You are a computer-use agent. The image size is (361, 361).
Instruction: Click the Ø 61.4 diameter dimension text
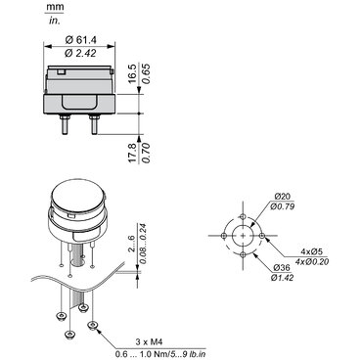pyautogui.click(x=81, y=40)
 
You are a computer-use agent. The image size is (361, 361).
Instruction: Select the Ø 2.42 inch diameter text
pyautogui.click(x=80, y=53)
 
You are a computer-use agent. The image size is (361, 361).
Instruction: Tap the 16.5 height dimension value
pyautogui.click(x=132, y=73)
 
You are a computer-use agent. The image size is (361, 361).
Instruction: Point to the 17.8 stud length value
pyautogui.click(x=132, y=153)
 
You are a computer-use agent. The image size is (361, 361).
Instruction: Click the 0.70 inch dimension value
pyautogui.click(x=147, y=153)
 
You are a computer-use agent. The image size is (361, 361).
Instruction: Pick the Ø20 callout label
pyautogui.click(x=283, y=197)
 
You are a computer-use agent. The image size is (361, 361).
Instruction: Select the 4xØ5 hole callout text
pyautogui.click(x=311, y=251)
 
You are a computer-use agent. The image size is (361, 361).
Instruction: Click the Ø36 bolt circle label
pyautogui.click(x=282, y=268)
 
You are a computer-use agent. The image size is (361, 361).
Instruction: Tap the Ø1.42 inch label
pyautogui.click(x=282, y=278)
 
